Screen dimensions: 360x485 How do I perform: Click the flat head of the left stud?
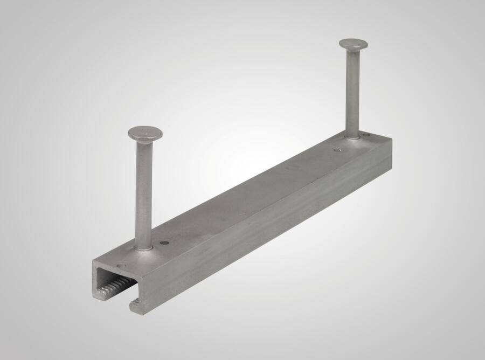145,133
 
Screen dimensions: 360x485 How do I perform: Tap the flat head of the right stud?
354,44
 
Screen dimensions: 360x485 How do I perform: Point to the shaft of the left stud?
144,194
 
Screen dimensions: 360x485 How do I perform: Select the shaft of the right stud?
352,97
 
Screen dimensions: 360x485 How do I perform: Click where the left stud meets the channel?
143,248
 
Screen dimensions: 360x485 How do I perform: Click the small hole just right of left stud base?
164,243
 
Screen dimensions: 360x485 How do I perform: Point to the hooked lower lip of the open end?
135,307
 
